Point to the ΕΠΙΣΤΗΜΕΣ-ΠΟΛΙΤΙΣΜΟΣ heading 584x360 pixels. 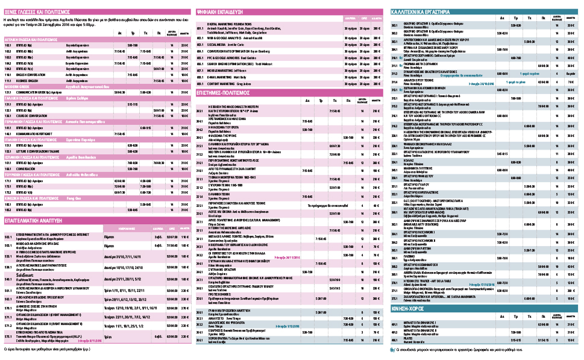(x=229, y=93)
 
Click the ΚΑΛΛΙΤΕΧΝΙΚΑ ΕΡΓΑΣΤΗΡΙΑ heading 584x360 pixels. (x=422, y=11)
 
